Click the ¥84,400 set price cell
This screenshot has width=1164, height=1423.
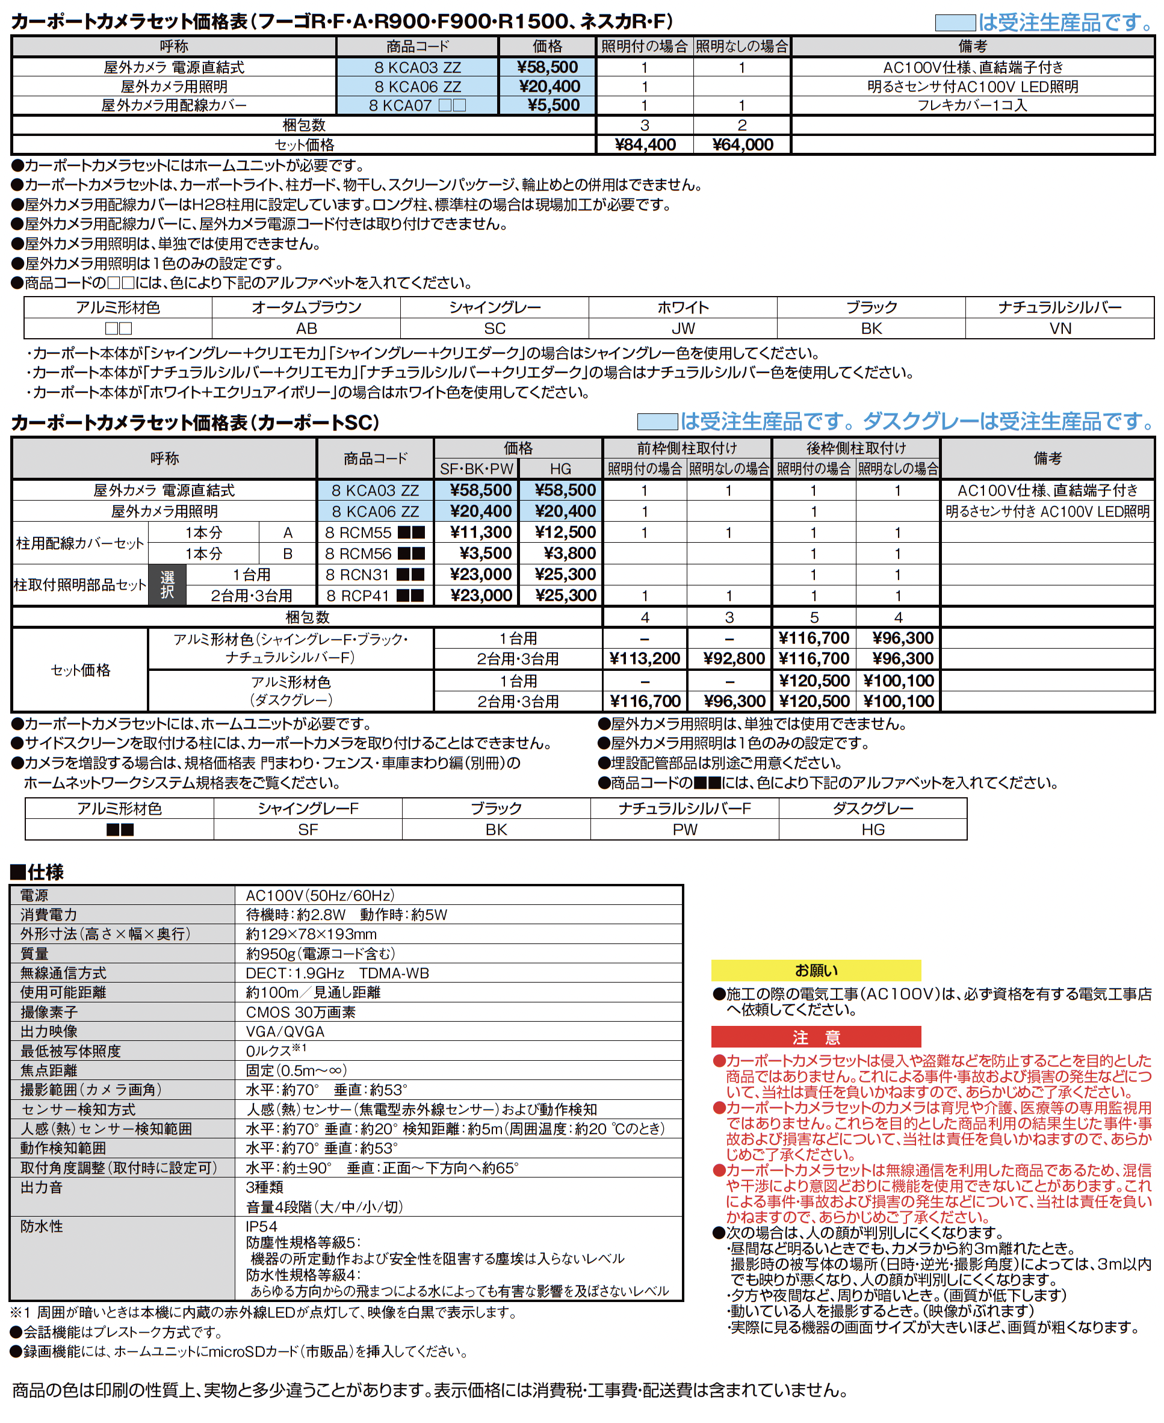coord(645,145)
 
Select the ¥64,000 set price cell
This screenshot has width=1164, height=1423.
coord(742,145)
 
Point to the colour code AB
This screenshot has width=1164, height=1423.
coord(306,329)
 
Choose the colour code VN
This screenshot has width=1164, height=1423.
coord(1060,329)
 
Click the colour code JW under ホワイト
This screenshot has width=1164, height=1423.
coord(683,329)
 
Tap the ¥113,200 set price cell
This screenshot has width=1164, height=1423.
coord(645,659)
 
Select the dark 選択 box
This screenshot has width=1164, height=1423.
coord(167,585)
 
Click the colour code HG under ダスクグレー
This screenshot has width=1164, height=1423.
coord(872,830)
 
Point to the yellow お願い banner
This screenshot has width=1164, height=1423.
coord(816,971)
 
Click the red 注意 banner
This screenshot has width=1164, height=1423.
coord(816,1037)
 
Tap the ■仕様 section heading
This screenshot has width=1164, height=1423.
coord(37,872)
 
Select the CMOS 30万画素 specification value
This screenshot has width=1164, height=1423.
coord(300,1012)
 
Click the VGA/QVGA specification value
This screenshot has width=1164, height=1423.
coord(285,1031)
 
